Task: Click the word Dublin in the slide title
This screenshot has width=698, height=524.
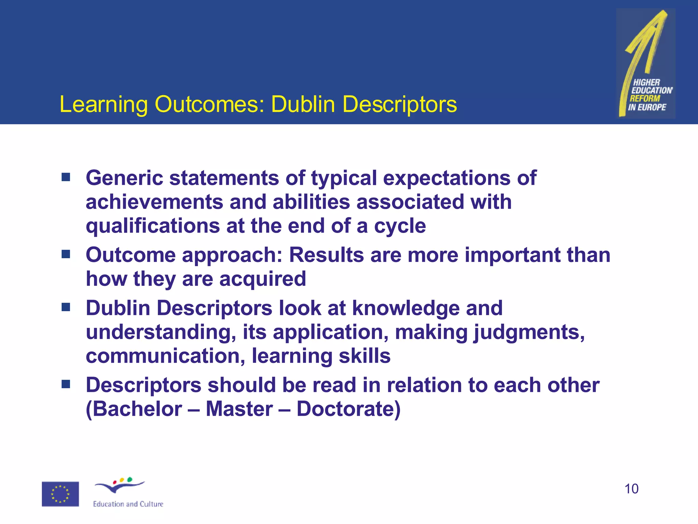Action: pyautogui.click(x=303, y=104)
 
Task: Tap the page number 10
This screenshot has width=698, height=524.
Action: pyautogui.click(x=631, y=489)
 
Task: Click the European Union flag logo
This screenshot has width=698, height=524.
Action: pyautogui.click(x=60, y=494)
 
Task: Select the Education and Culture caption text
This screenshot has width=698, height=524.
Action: pyautogui.click(x=128, y=504)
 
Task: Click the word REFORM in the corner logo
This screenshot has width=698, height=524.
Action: pyautogui.click(x=644, y=99)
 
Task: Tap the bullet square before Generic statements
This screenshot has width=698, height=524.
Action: pyautogui.click(x=66, y=177)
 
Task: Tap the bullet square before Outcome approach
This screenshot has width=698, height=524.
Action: pyautogui.click(x=66, y=254)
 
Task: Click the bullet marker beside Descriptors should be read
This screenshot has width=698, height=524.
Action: pyautogui.click(x=66, y=384)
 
